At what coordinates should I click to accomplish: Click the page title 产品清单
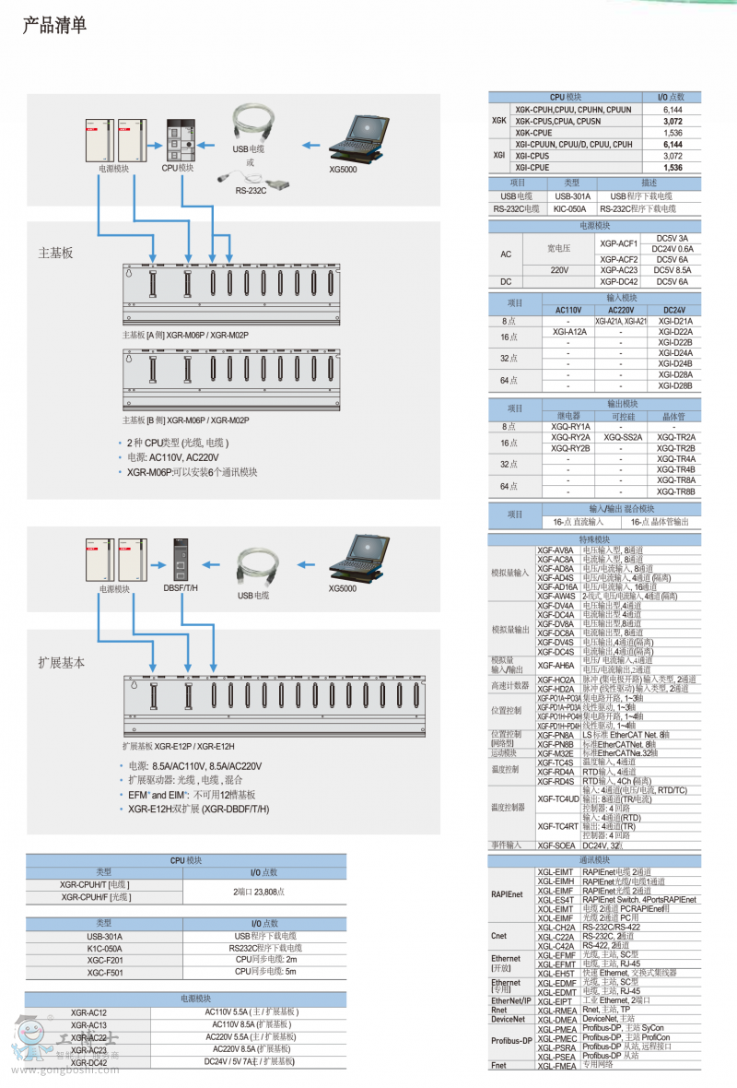(x=54, y=26)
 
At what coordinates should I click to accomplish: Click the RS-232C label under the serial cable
(x=250, y=190)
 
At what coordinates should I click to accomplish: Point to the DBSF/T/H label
(x=181, y=587)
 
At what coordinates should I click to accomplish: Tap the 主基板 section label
(x=55, y=252)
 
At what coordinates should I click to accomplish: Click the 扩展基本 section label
(x=61, y=662)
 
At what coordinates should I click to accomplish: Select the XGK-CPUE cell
(x=546, y=133)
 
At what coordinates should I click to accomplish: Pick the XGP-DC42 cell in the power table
(x=619, y=281)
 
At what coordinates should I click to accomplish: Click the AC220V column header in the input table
(x=620, y=310)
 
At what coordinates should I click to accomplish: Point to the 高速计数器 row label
(x=510, y=685)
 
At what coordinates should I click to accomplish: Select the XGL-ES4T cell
(x=556, y=899)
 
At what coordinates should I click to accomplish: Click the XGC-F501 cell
(x=104, y=972)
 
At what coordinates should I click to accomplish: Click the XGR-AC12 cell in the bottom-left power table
(x=88, y=1012)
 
